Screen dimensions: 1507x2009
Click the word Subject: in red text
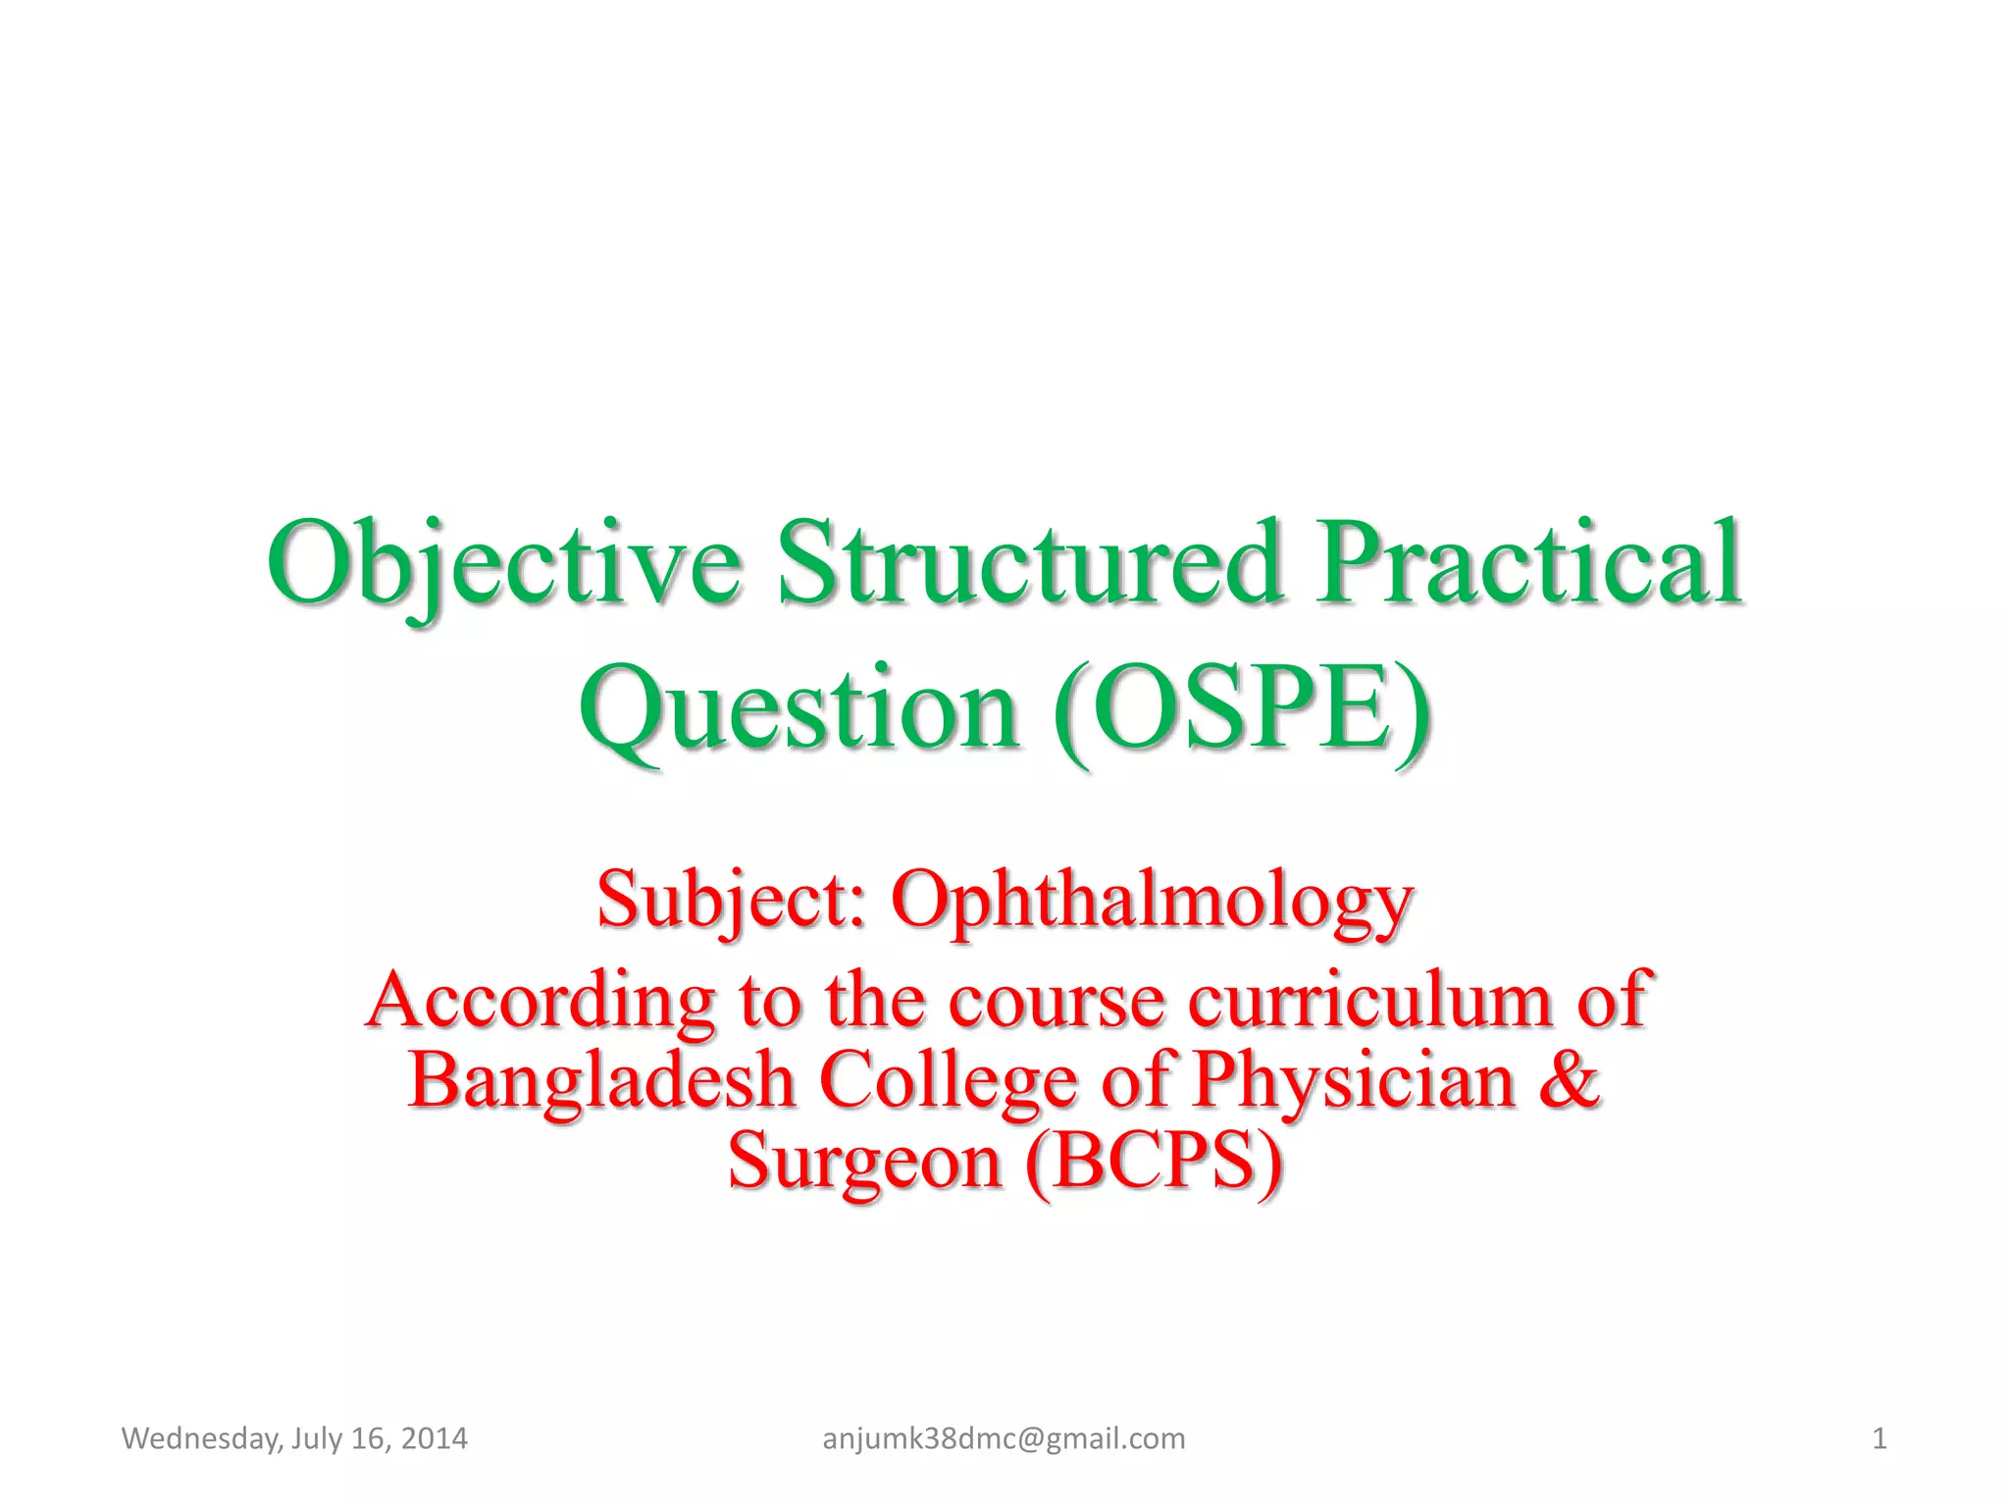732,901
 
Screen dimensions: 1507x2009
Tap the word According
541,1001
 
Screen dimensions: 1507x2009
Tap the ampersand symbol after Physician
1569,1079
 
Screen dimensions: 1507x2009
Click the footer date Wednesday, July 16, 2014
294,1439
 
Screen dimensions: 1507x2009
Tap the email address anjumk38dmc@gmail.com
1004,1439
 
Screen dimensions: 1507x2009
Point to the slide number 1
1879,1439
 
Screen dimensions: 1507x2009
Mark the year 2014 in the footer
435,1439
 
